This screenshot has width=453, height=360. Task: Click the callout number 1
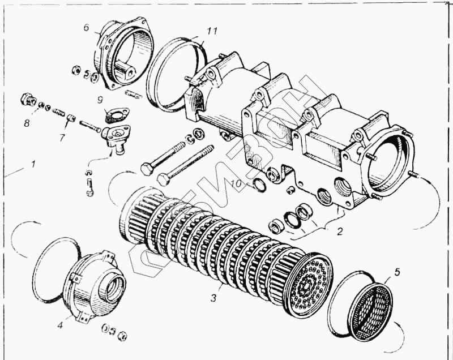click(x=33, y=165)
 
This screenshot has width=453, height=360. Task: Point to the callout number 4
click(x=59, y=325)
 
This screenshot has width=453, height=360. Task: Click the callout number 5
click(x=397, y=271)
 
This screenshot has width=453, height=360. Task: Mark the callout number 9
click(x=99, y=100)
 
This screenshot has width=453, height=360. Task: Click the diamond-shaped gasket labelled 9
click(x=116, y=115)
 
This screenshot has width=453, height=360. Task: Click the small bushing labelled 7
click(x=71, y=118)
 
